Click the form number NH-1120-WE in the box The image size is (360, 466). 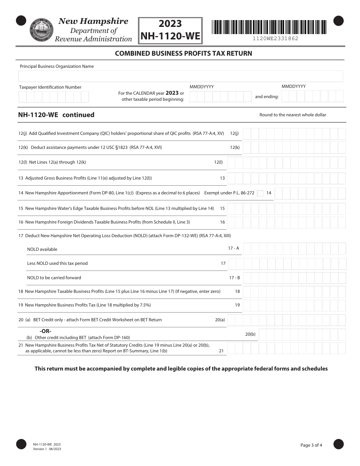pos(170,36)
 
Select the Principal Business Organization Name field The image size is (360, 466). pos(181,76)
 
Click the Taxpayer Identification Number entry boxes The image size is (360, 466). pos(53,97)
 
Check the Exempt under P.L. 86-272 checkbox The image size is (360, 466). pos(260,194)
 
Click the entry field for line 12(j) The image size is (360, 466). pos(294,134)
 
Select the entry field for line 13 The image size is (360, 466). pos(286,178)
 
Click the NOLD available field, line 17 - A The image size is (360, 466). pos(294,249)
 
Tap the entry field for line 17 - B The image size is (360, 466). pos(294,278)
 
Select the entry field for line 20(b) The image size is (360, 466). pos(302,335)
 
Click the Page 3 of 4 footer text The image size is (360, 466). pos(311,445)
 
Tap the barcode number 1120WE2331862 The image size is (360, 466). pos(275,39)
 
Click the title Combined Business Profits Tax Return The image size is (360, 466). pos(183,53)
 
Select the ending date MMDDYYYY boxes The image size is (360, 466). pos(313,96)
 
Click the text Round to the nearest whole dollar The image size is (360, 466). pos(293,115)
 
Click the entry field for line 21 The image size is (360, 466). pos(286,348)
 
